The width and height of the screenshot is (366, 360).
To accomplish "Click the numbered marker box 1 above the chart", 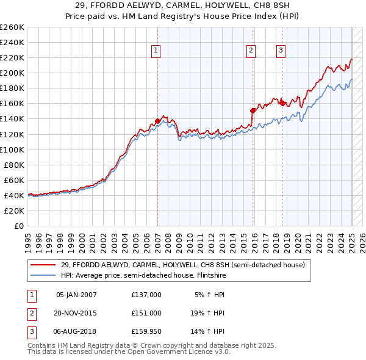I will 156,51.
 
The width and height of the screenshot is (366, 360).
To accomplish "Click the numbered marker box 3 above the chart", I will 281,51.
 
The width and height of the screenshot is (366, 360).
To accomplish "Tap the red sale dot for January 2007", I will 157,121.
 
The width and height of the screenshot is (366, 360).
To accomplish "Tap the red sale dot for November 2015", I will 253,110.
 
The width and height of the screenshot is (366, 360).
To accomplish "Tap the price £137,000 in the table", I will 146,295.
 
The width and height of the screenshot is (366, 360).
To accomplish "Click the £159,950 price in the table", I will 146,331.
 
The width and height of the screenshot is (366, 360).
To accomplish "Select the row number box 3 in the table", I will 30,331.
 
